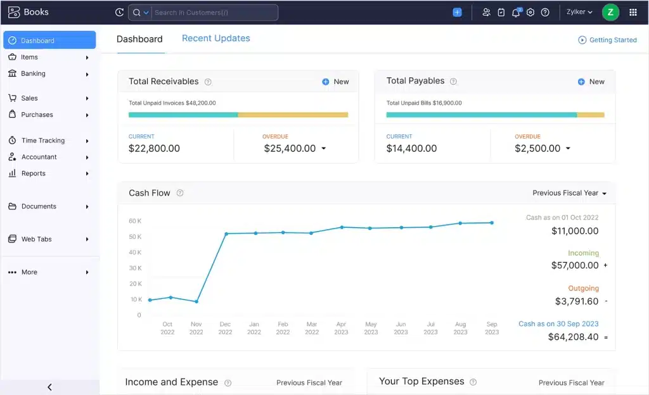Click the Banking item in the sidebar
tap(33, 73)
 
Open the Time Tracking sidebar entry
tap(42, 141)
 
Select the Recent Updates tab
tap(216, 39)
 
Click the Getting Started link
tap(612, 40)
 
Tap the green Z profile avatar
tap(610, 12)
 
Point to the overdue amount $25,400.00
tap(290, 148)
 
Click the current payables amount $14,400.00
tap(411, 148)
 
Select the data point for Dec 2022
tap(226, 234)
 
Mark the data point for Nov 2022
tap(196, 301)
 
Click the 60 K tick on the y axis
tap(135, 221)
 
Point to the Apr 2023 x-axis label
tap(342, 328)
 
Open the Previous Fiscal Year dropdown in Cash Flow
tap(569, 193)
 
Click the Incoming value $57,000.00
tap(574, 265)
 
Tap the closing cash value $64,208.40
tap(573, 337)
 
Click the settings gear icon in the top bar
tap(530, 13)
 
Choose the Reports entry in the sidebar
tap(33, 173)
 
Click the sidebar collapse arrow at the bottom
tap(49, 387)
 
